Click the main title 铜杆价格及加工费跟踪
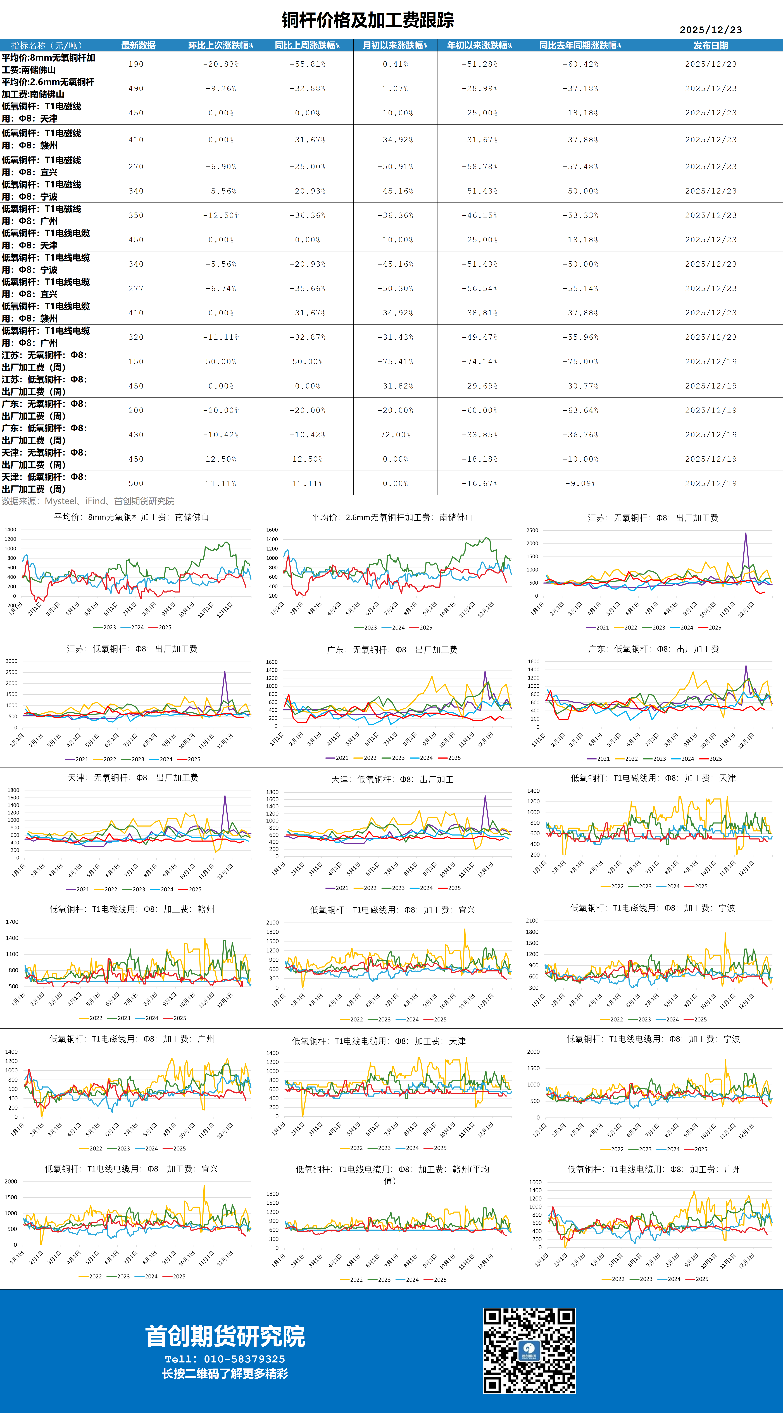tap(368, 20)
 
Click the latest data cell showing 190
tap(136, 64)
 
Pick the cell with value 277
tap(136, 289)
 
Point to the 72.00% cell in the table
tap(395, 434)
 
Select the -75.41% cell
tap(395, 361)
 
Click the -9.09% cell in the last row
tap(580, 483)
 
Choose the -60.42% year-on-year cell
tap(580, 64)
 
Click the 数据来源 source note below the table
tap(88, 501)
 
